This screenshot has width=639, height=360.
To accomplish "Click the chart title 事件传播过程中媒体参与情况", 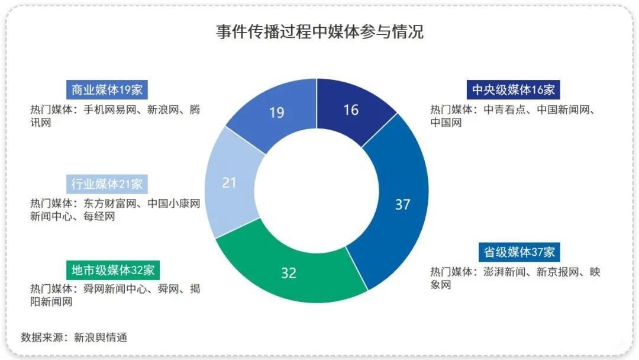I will pyautogui.click(x=319, y=31).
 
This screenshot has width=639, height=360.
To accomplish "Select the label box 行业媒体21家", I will pyautogui.click(x=107, y=184).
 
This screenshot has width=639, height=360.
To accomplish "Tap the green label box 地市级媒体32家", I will pyautogui.click(x=113, y=270).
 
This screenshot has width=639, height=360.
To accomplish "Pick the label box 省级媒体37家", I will pyautogui.click(x=519, y=252).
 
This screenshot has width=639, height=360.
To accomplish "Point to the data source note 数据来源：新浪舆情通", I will pyautogui.click(x=74, y=337).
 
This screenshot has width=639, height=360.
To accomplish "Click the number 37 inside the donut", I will pyautogui.click(x=403, y=205).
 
